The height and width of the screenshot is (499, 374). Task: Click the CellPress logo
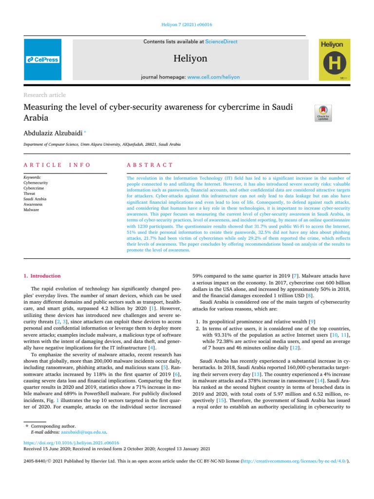pyautogui.click(x=42, y=59)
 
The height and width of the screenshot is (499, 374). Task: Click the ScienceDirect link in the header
pyautogui.click(x=222, y=42)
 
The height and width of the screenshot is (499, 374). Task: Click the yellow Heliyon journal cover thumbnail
pyautogui.click(x=334, y=60)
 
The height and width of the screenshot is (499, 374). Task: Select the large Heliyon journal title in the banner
pyautogui.click(x=190, y=59)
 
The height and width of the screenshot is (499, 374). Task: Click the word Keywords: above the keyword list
pyautogui.click(x=32, y=178)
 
